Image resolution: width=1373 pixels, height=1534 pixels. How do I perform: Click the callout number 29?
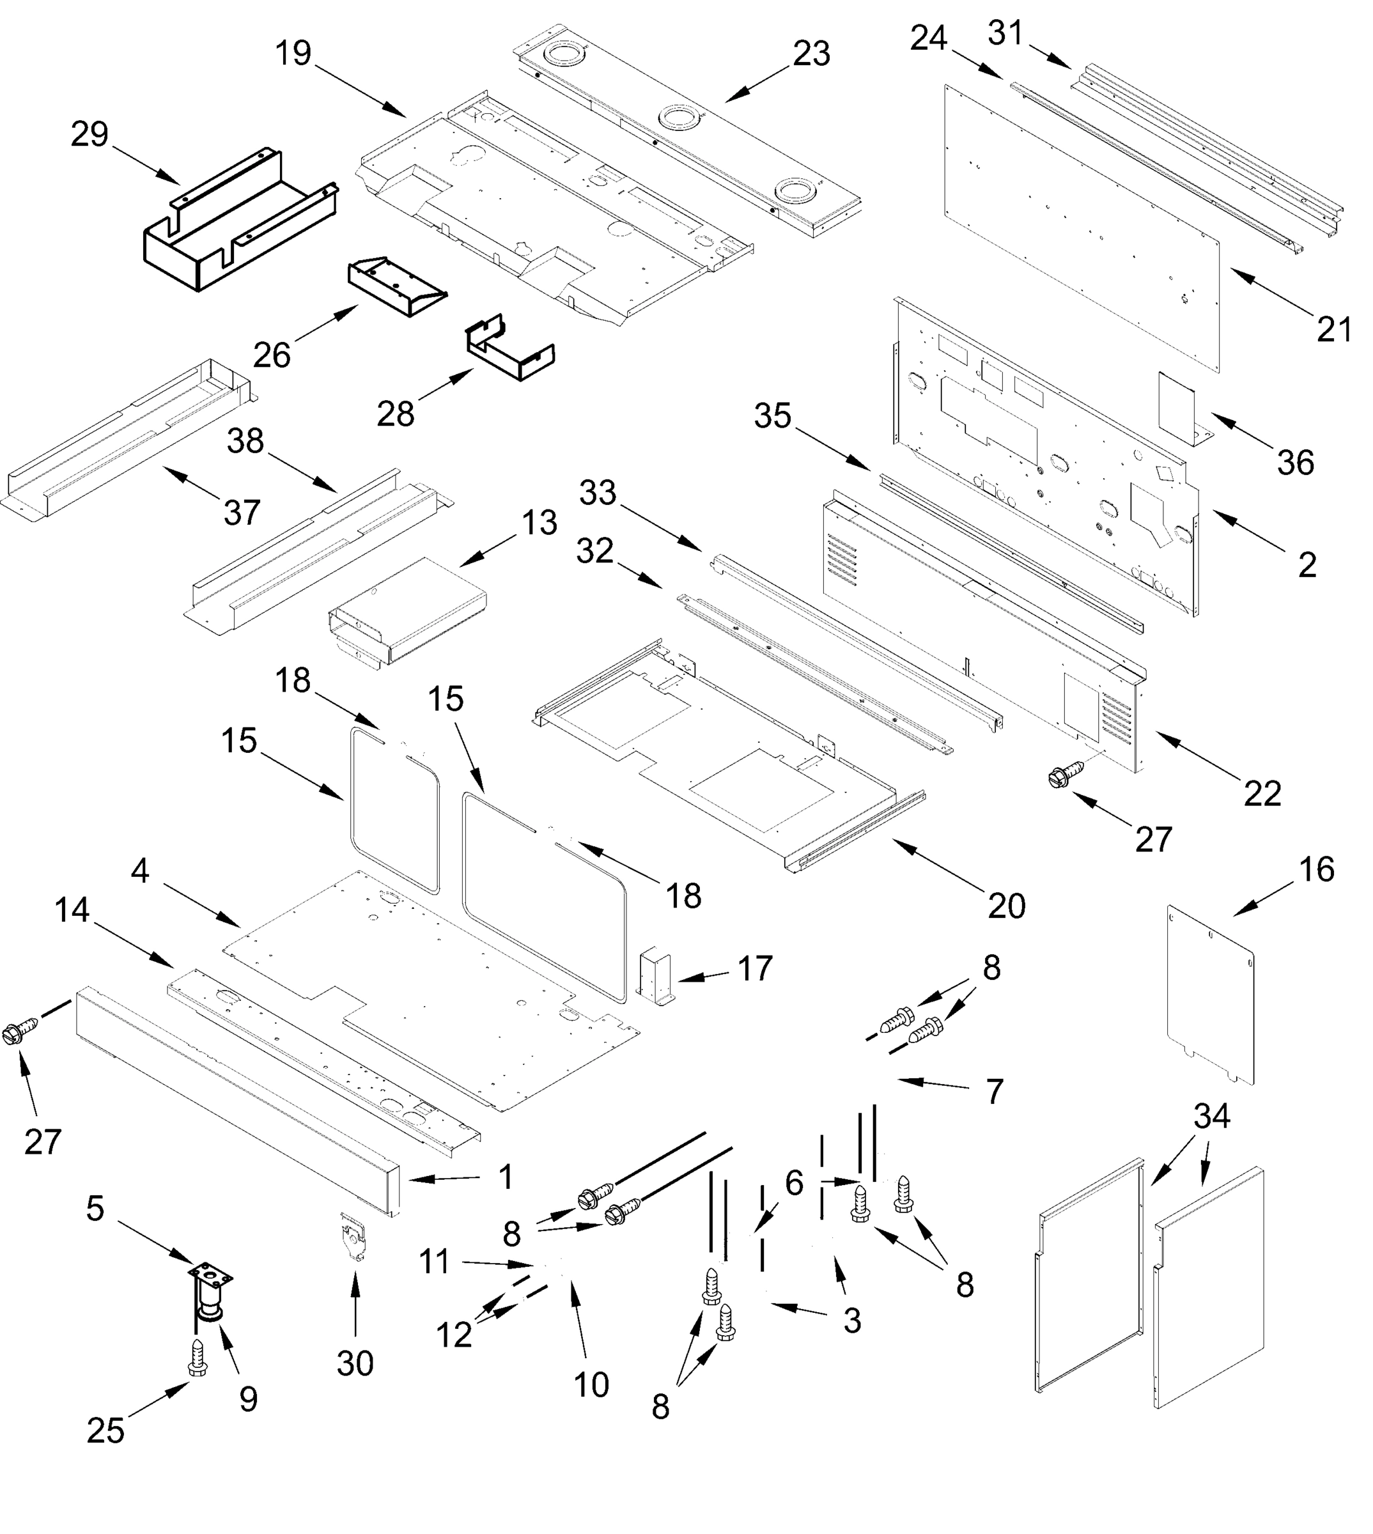pos(89,135)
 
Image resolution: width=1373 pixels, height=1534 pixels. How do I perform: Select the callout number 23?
pos(812,54)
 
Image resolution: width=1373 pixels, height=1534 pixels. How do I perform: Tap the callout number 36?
pos(1294,462)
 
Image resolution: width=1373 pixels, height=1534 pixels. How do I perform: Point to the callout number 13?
pos(539,523)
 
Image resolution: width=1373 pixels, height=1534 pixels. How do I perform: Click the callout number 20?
pos(1006,906)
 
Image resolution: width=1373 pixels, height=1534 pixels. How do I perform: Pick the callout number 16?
pos(1316,869)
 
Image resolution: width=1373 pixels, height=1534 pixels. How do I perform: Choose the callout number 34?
pos(1211,1116)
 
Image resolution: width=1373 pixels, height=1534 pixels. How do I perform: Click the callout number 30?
pos(355,1363)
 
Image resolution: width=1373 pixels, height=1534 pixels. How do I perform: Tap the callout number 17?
pos(754,968)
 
